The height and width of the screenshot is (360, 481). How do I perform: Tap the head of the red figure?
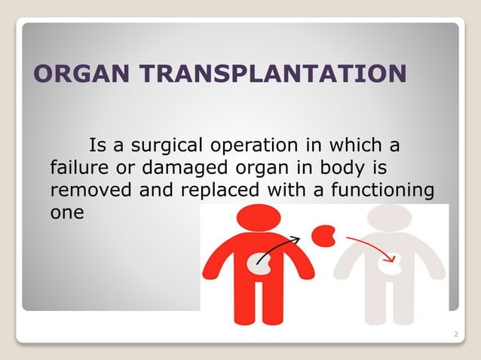click(259, 220)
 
